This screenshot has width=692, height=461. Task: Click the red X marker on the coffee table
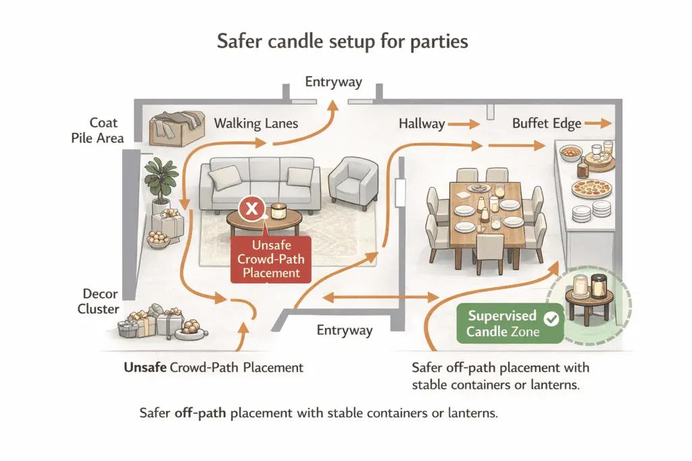tap(253, 209)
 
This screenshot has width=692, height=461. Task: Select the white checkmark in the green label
tap(551, 317)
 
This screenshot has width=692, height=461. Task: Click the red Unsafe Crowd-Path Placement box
tap(270, 259)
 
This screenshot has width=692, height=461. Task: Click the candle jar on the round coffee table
tap(278, 211)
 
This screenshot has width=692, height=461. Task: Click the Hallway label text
tap(422, 124)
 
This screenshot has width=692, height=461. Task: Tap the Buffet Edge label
tap(546, 124)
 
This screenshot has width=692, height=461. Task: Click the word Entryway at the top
tap(333, 82)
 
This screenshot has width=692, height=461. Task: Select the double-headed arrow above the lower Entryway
tap(378, 296)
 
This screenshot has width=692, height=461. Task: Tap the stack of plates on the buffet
tap(583, 214)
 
